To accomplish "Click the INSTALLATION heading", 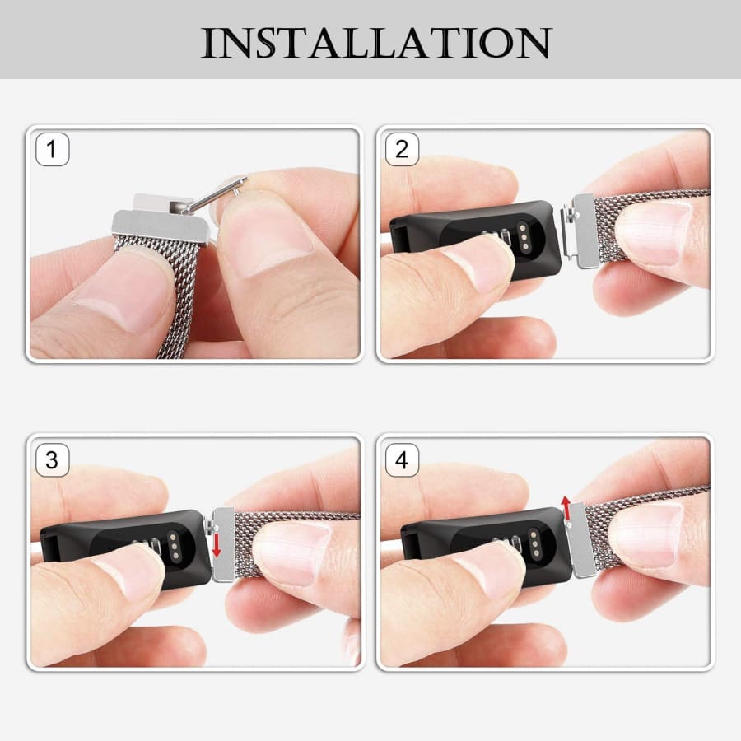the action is point(376,43).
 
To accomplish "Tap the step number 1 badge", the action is point(53,149).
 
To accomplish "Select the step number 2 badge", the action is point(402,149).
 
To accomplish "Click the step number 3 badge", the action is point(53,459).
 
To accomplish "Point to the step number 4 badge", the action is point(402,459).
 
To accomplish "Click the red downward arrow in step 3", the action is point(217,545).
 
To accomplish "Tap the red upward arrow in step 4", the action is point(566,507).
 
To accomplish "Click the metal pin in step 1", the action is point(215,194).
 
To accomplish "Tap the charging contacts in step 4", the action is point(534,543).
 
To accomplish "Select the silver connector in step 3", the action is point(221,544).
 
